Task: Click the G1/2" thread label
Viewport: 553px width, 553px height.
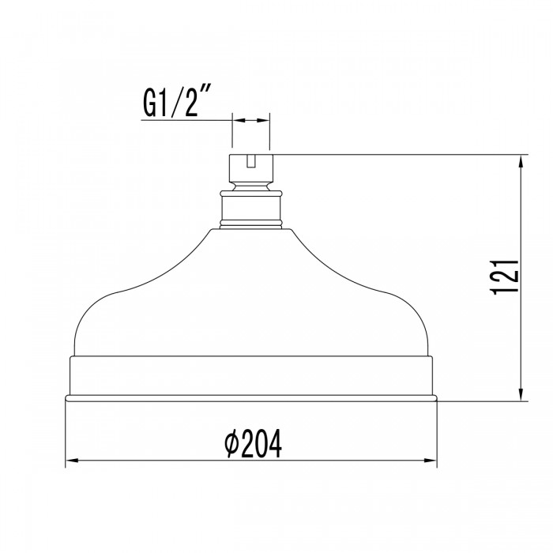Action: click(179, 102)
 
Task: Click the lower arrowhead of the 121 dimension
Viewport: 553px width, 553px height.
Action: click(521, 394)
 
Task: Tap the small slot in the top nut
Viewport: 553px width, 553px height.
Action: click(250, 161)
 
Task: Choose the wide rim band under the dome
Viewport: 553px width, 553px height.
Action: click(250, 375)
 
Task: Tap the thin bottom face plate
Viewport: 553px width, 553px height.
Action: click(250, 397)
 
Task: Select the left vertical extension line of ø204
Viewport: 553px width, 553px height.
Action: click(65, 434)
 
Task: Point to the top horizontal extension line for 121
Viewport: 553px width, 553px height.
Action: click(395, 155)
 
